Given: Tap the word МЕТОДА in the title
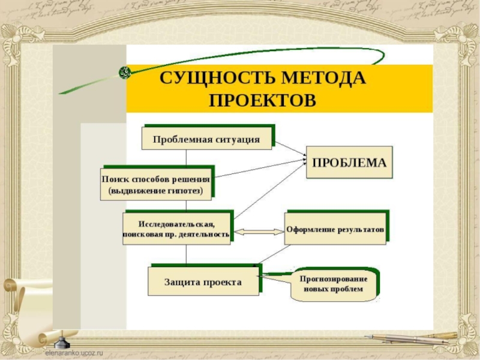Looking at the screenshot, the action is (327, 78).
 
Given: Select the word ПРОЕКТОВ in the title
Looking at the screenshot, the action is (262, 99).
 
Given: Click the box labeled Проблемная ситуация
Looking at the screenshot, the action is (206, 139).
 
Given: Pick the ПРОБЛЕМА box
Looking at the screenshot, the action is (349, 163).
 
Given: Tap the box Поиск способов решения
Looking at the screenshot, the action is (156, 184).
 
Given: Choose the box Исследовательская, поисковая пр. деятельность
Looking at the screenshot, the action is (176, 229).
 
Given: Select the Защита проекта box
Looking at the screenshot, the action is (203, 281).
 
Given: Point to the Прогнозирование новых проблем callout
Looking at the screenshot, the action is (335, 284).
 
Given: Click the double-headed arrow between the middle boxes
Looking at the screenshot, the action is (259, 231).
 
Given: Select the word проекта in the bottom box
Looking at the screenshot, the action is (223, 281).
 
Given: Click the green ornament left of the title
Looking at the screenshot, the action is (124, 72).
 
